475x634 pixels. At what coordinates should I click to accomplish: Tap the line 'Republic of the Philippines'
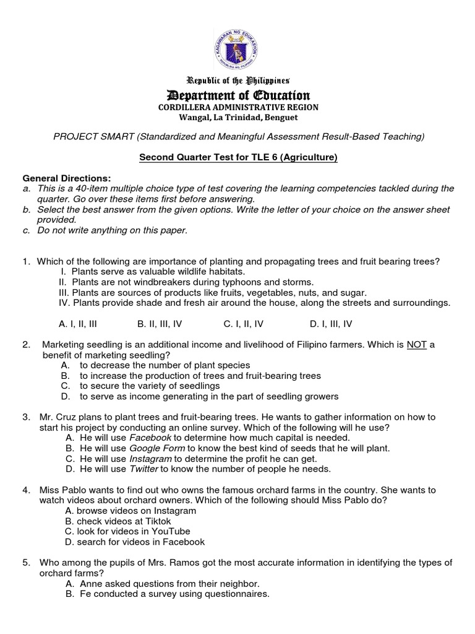(237, 80)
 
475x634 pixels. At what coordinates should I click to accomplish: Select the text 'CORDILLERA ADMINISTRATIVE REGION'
(237, 107)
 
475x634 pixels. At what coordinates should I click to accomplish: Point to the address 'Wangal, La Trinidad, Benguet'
(237, 117)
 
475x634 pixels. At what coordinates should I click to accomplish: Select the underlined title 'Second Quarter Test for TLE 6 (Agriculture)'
(237, 158)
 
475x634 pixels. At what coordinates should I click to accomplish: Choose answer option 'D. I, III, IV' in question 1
(330, 323)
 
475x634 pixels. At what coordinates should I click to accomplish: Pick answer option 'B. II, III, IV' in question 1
(159, 323)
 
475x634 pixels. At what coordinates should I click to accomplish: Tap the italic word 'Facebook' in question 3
(150, 438)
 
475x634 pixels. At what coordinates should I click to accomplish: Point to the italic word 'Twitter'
(144, 469)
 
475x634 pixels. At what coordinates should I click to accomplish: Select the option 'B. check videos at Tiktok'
(118, 521)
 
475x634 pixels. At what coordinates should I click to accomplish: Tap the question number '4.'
(27, 490)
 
